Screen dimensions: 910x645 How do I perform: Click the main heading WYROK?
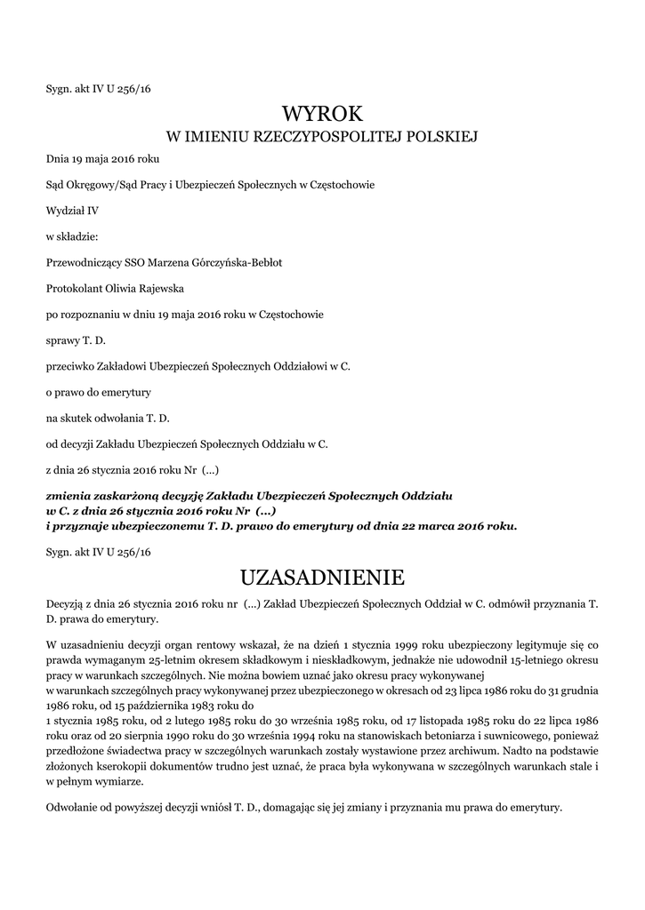pos(323,114)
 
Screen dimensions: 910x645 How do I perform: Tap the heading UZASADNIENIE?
pos(323,579)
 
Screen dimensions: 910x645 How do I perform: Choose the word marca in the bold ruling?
pos(416,525)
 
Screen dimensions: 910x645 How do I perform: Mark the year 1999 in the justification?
pos(426,642)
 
